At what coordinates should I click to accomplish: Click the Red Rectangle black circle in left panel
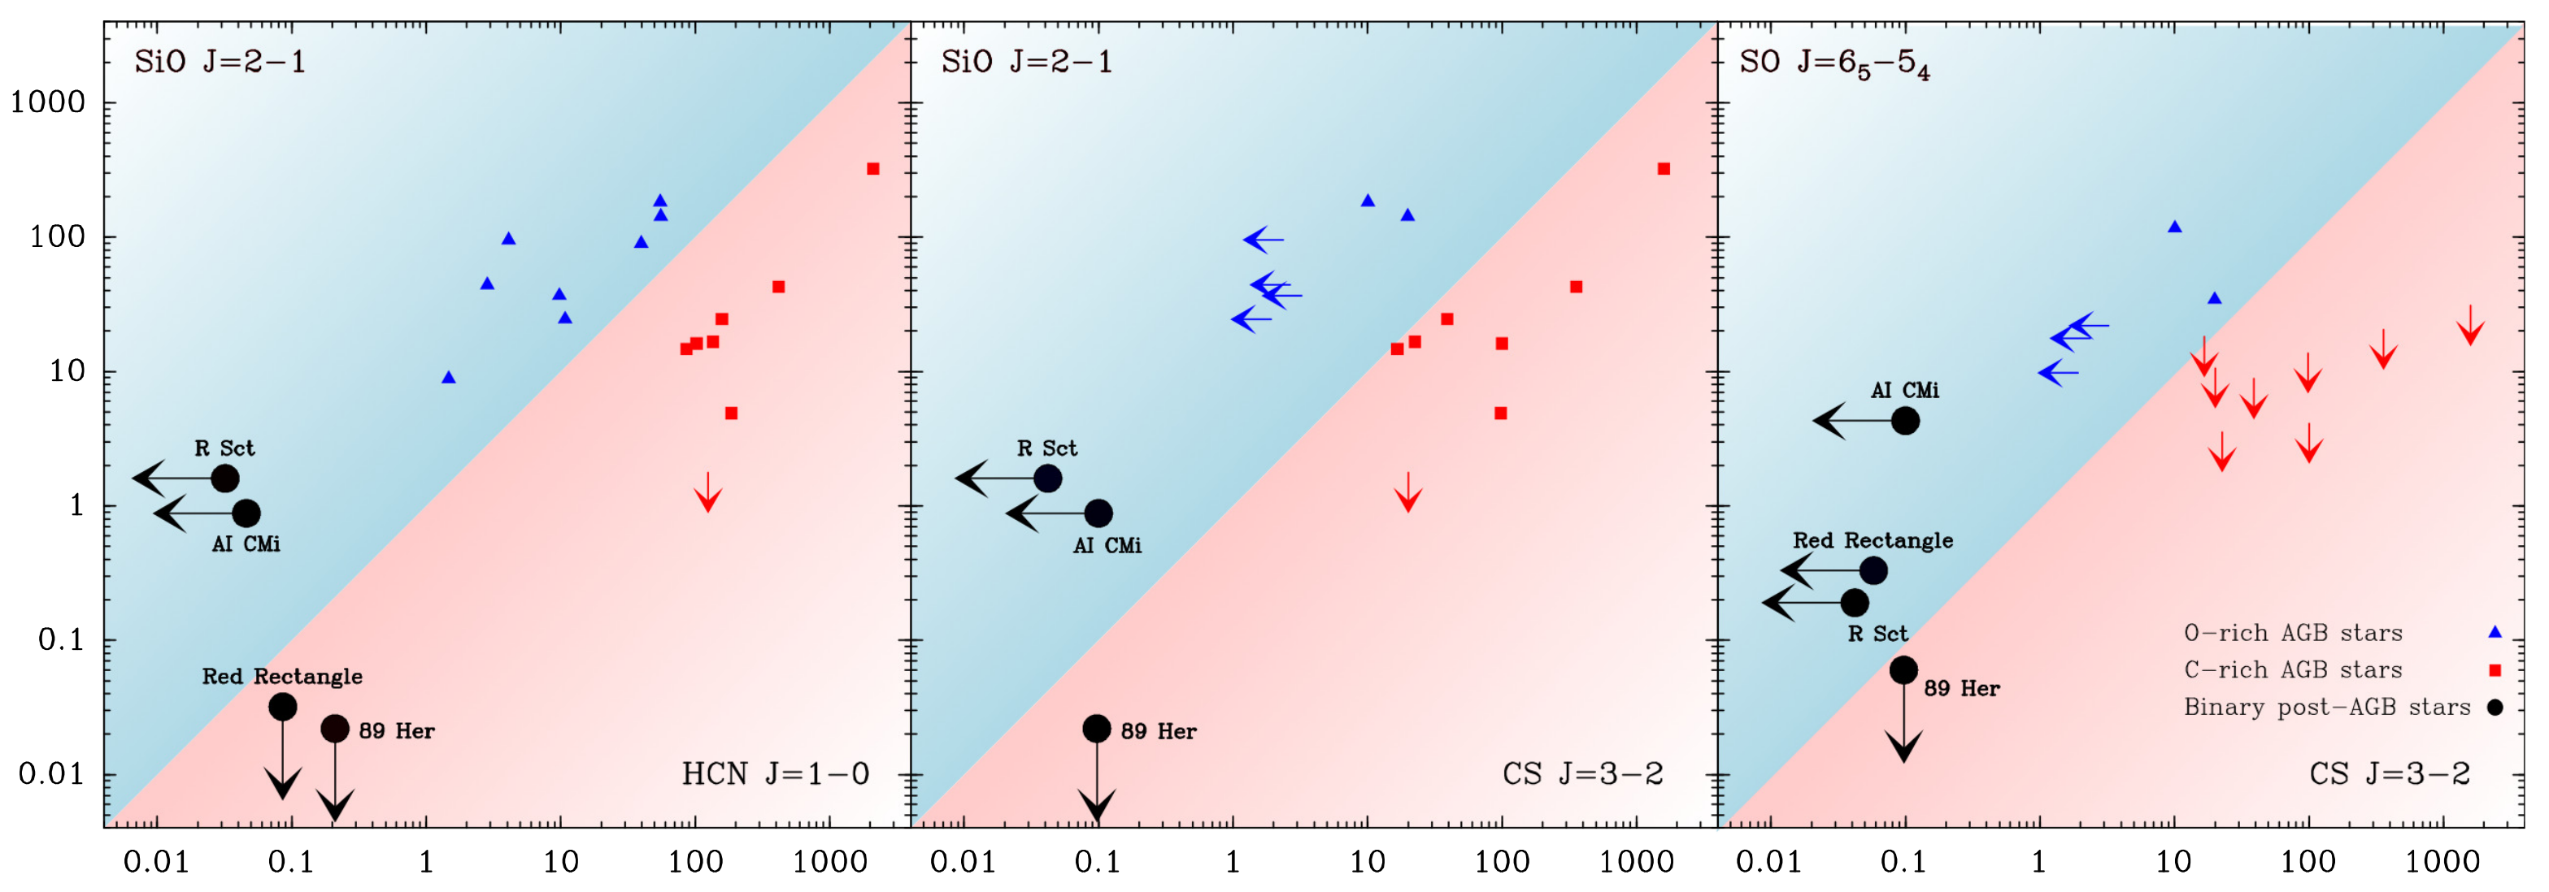283,706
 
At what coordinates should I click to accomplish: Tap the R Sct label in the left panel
224,448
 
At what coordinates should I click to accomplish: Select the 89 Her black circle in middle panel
1096,729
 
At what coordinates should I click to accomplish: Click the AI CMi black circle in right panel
1905,420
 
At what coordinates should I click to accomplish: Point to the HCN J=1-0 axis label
775,773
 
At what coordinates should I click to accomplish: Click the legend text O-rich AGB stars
2293,633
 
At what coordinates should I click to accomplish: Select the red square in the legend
2495,670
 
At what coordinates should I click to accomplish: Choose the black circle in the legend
2495,707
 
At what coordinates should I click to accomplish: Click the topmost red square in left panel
872,169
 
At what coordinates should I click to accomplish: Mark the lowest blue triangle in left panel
448,377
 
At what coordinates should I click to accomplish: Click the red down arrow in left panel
707,491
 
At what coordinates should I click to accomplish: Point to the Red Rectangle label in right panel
1873,540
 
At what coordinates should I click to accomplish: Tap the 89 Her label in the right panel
1961,688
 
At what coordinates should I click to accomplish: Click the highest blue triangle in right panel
2174,227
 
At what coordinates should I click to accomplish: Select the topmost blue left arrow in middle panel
1264,240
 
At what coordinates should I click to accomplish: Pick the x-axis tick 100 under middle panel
1501,862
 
